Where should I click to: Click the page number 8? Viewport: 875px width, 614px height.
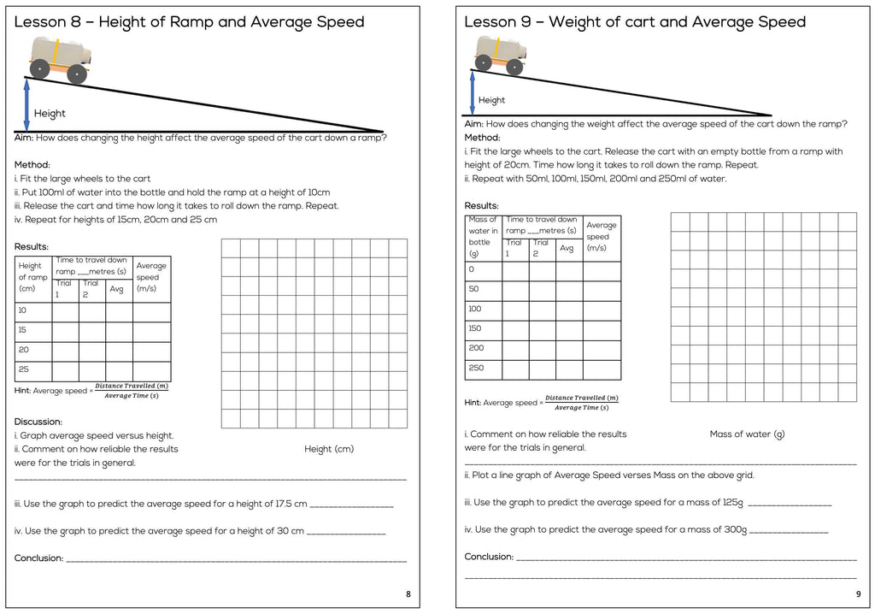pyautogui.click(x=408, y=593)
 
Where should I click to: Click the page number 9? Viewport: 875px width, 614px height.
pyautogui.click(x=858, y=593)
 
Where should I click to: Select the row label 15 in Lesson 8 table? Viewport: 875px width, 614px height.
pyautogui.click(x=22, y=330)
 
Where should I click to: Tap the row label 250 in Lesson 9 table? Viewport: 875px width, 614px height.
pyautogui.click(x=476, y=369)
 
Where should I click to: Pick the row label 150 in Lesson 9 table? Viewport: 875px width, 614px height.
pyautogui.click(x=475, y=328)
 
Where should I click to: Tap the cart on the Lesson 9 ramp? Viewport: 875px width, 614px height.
pyautogui.click(x=500, y=54)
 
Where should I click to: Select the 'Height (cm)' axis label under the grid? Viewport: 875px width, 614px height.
pyautogui.click(x=329, y=449)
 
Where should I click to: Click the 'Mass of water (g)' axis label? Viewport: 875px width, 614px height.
pyautogui.click(x=747, y=434)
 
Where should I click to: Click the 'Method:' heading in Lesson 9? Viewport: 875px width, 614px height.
pyautogui.click(x=482, y=138)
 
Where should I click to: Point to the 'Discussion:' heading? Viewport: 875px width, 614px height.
pyautogui.click(x=38, y=422)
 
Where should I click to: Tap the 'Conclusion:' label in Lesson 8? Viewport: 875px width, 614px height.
pyautogui.click(x=39, y=558)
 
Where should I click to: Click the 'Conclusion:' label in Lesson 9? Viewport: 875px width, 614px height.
pyautogui.click(x=489, y=557)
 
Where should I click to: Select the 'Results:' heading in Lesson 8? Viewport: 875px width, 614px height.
pyautogui.click(x=32, y=247)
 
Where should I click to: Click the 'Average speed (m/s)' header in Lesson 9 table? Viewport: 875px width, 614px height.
pyautogui.click(x=601, y=236)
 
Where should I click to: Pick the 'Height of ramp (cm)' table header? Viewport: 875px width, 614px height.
pyautogui.click(x=32, y=277)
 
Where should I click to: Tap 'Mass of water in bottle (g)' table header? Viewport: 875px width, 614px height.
pyautogui.click(x=483, y=236)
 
